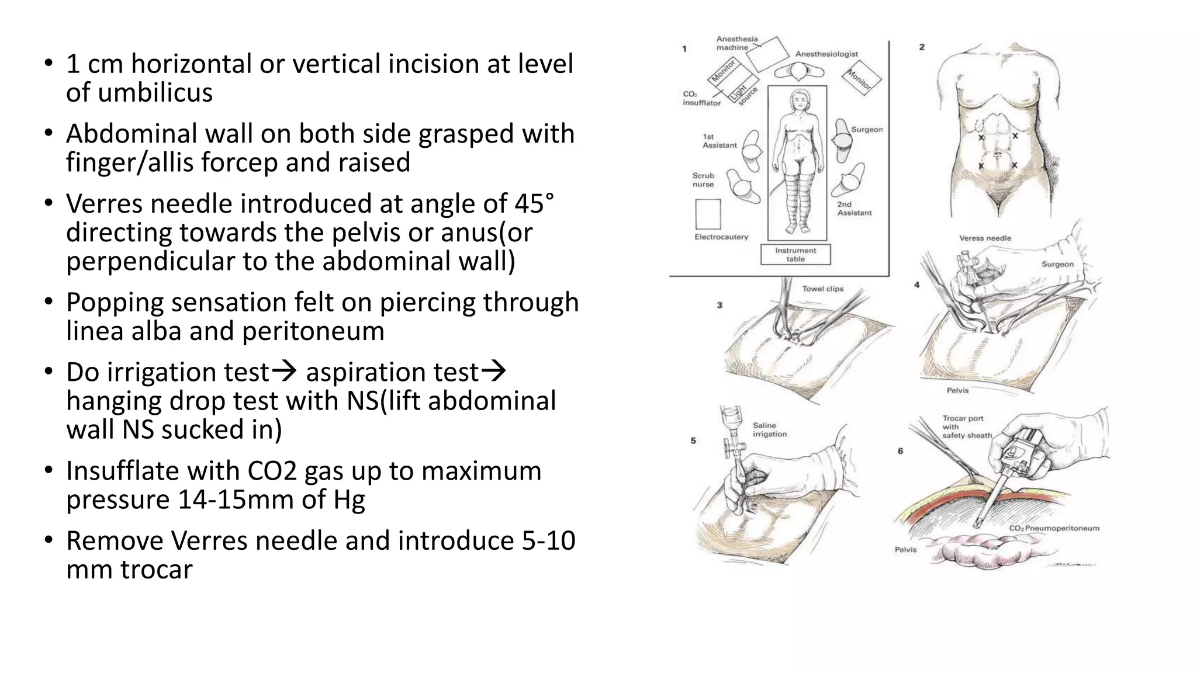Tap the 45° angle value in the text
[534, 204]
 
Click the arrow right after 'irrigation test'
[285, 371]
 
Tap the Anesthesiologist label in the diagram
[826, 54]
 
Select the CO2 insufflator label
[701, 98]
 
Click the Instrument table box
[795, 255]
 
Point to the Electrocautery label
[721, 237]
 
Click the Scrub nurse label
[703, 180]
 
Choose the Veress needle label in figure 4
[985, 238]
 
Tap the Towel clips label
[822, 289]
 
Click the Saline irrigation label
[769, 430]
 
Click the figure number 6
[900, 451]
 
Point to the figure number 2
[922, 47]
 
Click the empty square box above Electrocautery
[708, 214]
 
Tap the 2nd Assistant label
[854, 209]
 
